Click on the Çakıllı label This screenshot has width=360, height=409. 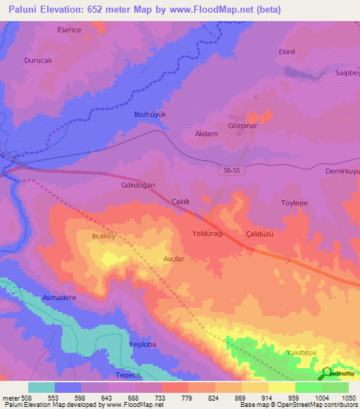[182, 201]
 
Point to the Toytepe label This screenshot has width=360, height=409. [295, 203]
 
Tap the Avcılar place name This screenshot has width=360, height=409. [174, 258]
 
